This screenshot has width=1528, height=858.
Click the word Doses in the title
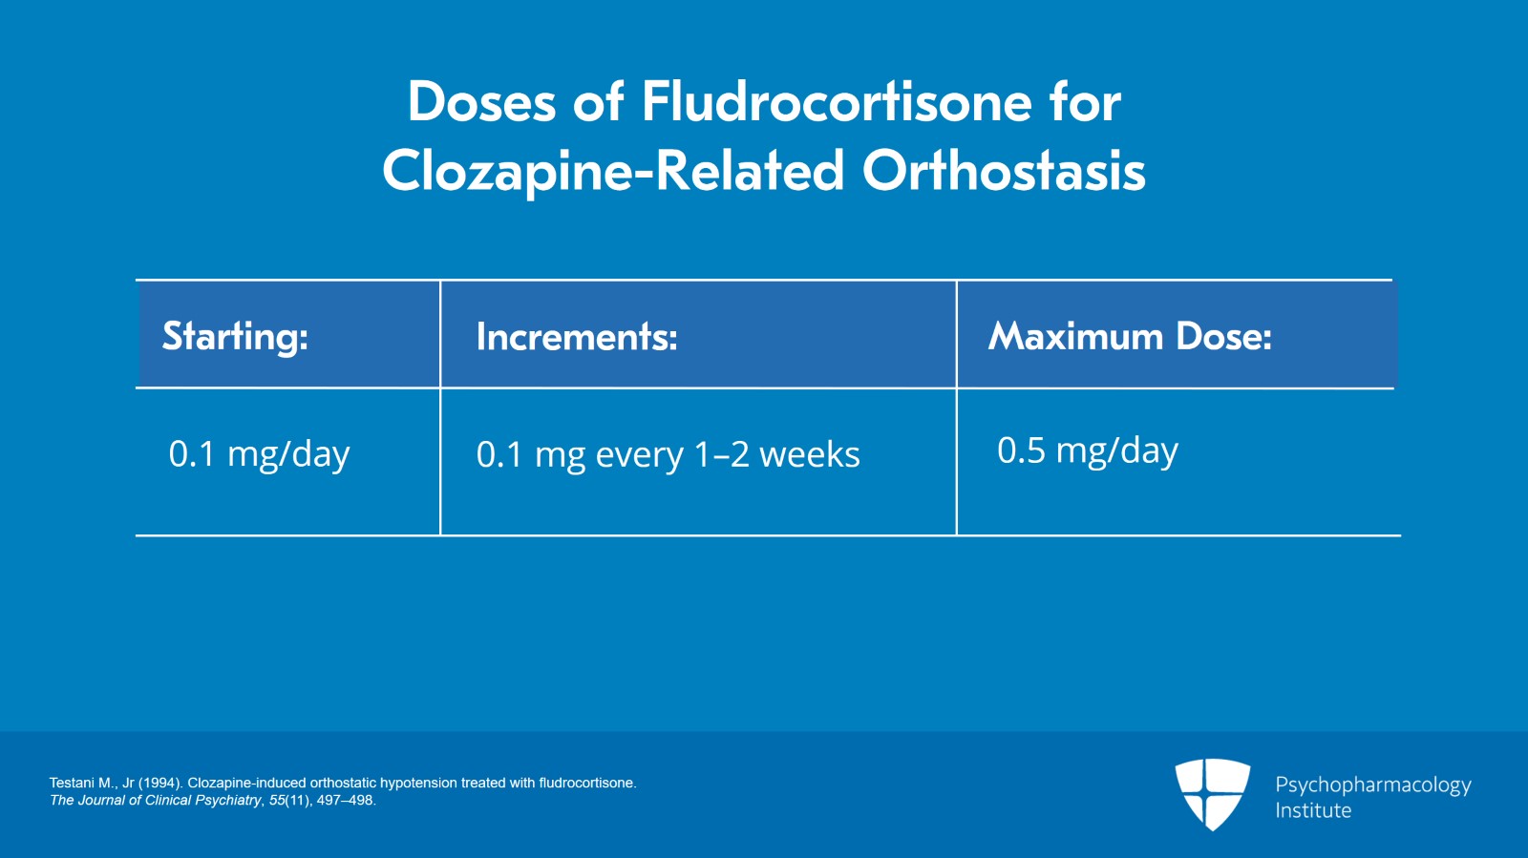pos(481,102)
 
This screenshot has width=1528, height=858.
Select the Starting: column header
pos(235,337)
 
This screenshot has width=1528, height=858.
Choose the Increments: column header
pos(577,336)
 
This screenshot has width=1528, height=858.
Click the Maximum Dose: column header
pos(1131,336)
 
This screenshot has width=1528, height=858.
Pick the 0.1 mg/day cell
pos(259,454)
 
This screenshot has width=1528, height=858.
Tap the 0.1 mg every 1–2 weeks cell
pos(668,454)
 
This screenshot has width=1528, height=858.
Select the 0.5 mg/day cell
pos(1088,450)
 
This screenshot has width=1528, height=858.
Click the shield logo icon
pos(1213,794)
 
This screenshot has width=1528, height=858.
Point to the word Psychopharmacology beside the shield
pos(1373,785)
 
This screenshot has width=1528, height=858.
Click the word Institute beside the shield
pos(1313,810)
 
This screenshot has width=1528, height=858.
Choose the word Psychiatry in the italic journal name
pos(228,801)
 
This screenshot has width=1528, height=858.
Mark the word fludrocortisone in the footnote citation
pos(587,783)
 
